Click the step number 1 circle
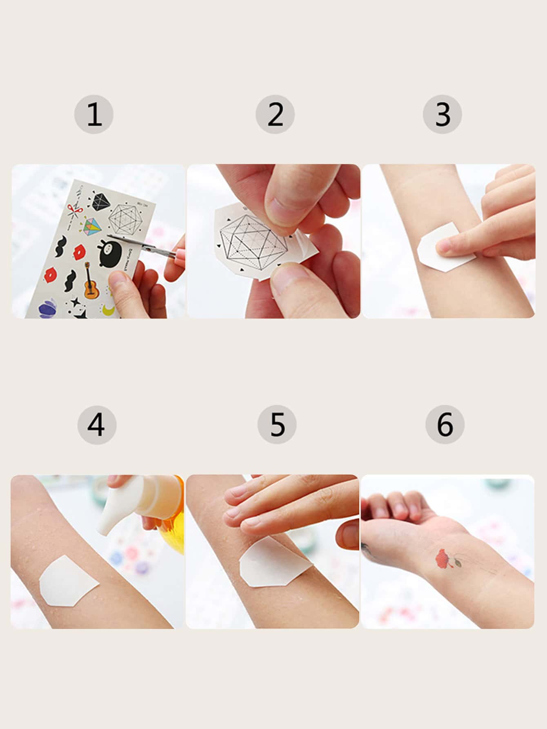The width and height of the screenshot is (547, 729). point(93,115)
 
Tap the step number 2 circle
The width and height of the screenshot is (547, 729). point(275,115)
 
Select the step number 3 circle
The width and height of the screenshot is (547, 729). point(442,115)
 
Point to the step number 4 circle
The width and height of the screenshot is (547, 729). point(97,425)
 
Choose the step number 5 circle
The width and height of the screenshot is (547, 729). point(277,425)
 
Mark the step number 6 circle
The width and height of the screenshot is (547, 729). point(445,425)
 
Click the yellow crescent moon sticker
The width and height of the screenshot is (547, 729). point(109,310)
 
